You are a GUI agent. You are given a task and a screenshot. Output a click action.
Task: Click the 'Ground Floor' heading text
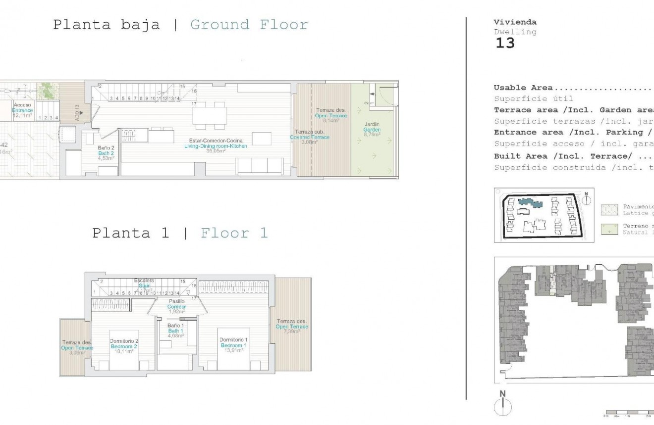point(249,25)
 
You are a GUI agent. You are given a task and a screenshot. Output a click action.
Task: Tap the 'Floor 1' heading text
point(234,233)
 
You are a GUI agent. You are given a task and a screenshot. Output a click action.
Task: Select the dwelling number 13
point(505,44)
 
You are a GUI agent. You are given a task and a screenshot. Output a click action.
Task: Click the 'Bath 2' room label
point(105,153)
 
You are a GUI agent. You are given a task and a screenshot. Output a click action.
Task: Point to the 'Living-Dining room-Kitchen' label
point(215,146)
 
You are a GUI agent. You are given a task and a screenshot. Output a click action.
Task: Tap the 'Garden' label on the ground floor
point(371,129)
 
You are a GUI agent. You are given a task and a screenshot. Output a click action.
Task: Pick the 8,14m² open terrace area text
point(331,121)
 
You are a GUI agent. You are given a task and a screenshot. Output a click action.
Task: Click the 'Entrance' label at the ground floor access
point(22,110)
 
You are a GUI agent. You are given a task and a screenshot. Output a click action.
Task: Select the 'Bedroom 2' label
point(123,346)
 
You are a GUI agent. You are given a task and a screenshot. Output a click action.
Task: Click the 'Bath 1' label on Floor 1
point(176,331)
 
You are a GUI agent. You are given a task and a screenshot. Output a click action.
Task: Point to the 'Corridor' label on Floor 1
point(176,307)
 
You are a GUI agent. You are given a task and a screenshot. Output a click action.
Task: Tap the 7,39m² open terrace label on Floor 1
point(292,331)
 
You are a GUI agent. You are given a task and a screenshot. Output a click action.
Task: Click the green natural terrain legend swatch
point(609,229)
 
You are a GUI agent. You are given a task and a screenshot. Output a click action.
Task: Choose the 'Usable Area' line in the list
point(523,88)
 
